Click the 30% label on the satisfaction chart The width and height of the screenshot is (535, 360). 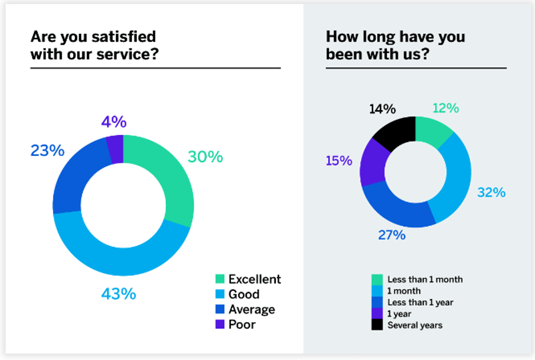(205, 157)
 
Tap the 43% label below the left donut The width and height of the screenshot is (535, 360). (118, 294)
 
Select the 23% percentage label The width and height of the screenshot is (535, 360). (47, 151)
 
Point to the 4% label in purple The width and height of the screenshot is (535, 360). (114, 122)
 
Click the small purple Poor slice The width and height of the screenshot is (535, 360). (115, 149)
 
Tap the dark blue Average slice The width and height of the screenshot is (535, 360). (77, 177)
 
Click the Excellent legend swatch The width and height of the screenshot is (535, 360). (219, 279)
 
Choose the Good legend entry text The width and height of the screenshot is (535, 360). (244, 294)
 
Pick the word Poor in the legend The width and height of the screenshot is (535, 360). (242, 325)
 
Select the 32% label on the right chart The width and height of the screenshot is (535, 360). (492, 193)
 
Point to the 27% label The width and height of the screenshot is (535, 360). (392, 234)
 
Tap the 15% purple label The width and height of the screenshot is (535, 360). (339, 161)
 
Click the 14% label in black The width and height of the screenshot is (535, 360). (382, 108)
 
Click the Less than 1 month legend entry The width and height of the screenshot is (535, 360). (425, 279)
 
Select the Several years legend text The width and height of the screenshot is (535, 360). (415, 325)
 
